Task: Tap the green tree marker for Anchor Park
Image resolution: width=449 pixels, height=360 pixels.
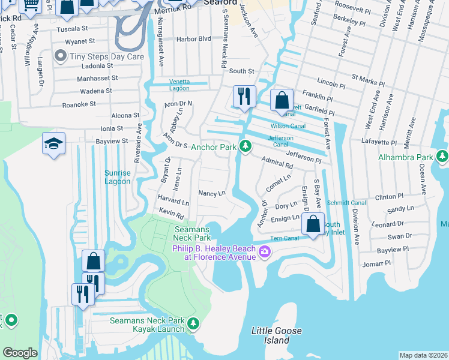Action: pyautogui.click(x=245, y=146)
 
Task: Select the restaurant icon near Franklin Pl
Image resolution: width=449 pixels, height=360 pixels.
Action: pyautogui.click(x=244, y=97)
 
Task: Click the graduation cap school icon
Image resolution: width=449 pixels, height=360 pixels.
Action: pyautogui.click(x=53, y=144)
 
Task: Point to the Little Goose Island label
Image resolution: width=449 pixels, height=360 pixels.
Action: pyautogui.click(x=276, y=335)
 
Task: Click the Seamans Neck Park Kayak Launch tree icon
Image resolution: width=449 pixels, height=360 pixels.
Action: pyautogui.click(x=193, y=324)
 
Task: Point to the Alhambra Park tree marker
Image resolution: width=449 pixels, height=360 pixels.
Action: pyautogui.click(x=442, y=157)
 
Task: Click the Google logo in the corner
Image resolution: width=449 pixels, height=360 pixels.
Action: pyautogui.click(x=20, y=353)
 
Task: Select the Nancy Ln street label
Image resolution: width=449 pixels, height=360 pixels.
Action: pyautogui.click(x=211, y=193)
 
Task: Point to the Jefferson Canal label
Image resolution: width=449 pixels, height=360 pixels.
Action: pyautogui.click(x=280, y=141)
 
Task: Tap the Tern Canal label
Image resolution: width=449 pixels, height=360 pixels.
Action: pyautogui.click(x=285, y=238)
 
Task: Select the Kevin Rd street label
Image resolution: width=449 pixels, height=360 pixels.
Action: pyautogui.click(x=171, y=212)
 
